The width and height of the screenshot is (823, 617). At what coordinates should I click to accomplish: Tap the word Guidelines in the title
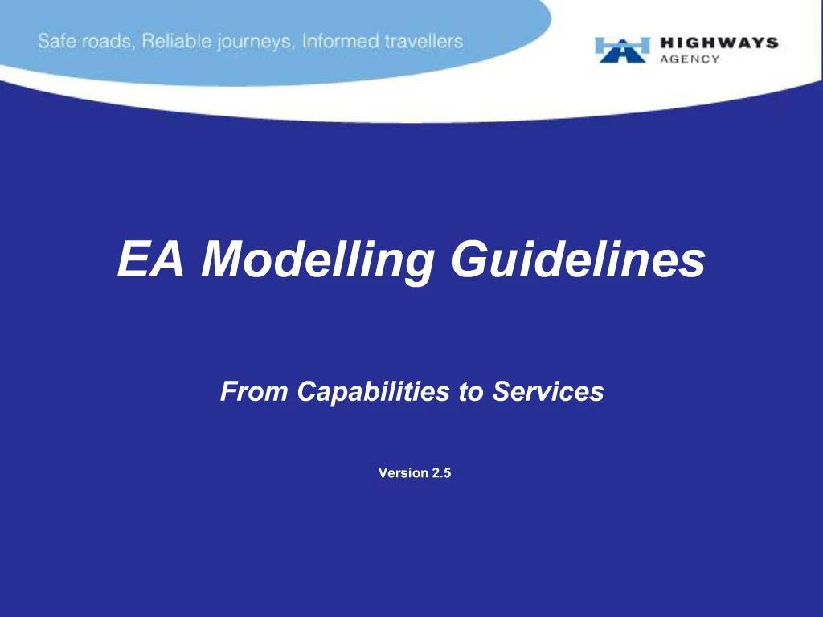click(x=578, y=259)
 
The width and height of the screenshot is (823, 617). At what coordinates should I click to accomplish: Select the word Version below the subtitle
click(x=403, y=473)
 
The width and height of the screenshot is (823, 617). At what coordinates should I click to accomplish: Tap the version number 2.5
click(x=441, y=473)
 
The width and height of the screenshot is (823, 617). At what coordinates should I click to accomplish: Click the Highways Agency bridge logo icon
click(x=622, y=49)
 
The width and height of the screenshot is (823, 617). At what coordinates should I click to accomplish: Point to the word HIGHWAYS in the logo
click(x=719, y=43)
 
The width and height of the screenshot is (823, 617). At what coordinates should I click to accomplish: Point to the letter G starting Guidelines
click(x=469, y=259)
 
